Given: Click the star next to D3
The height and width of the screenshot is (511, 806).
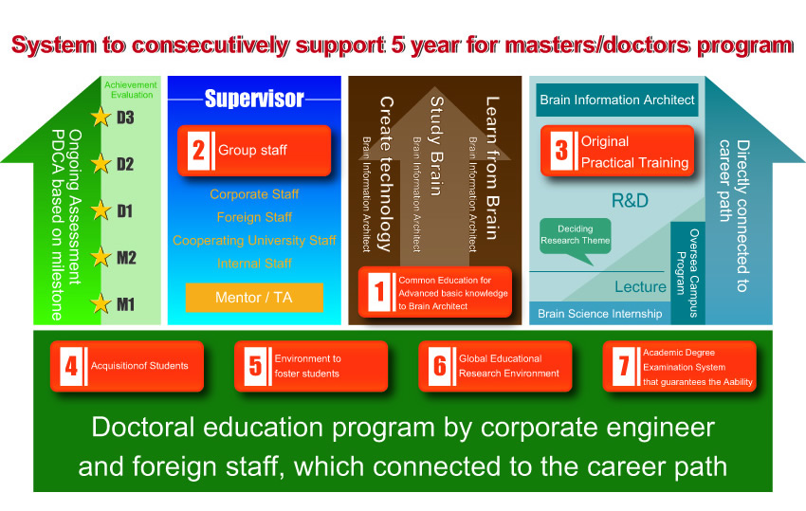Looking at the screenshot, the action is click(101, 117).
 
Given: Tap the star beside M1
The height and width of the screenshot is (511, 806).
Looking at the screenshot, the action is click(101, 303).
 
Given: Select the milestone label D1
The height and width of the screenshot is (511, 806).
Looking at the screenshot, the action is click(125, 210).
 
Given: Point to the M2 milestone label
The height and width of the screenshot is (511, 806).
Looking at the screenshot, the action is click(126, 258).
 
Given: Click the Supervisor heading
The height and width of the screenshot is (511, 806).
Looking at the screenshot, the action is click(254, 99).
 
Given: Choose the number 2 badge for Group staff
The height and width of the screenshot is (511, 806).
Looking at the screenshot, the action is click(198, 151).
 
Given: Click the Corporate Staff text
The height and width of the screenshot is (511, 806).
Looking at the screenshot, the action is click(254, 194).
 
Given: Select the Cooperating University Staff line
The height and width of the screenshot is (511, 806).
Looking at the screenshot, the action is click(254, 241).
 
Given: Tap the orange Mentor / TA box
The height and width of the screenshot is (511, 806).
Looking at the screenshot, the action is click(254, 297).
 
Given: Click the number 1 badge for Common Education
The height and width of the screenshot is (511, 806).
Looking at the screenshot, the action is click(379, 292).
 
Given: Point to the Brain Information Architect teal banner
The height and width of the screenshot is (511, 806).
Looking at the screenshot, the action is click(617, 100).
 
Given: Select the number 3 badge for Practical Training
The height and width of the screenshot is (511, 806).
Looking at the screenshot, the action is click(561, 151).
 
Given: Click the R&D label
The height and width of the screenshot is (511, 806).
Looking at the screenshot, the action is click(630, 200).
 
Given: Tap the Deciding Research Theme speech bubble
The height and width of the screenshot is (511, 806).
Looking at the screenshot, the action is click(576, 239).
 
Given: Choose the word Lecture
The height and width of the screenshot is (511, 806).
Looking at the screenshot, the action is click(640, 287).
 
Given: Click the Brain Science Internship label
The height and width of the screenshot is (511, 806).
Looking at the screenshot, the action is click(600, 314).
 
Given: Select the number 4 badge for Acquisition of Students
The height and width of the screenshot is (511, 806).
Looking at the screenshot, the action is click(71, 367).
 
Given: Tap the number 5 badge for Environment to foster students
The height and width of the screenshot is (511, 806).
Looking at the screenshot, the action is click(255, 367).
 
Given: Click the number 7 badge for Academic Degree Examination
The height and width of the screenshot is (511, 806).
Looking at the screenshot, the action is click(624, 367).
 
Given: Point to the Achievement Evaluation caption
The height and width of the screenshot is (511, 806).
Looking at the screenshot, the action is click(131, 90).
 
